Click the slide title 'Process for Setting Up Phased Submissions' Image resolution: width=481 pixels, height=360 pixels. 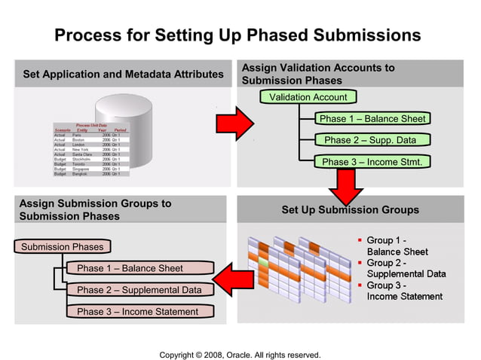coord(237,35)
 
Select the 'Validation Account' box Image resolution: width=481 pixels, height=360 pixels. coord(308,97)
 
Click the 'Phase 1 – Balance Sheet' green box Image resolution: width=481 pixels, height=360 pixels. coord(372,118)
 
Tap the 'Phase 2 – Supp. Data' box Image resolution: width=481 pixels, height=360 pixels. coord(370,140)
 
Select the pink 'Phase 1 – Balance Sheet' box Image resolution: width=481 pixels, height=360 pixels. coord(129,268)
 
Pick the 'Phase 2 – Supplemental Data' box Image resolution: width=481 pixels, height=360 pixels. coord(139,290)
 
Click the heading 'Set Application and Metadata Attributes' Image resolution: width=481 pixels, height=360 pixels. coord(123,75)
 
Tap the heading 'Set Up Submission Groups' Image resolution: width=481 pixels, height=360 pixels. coord(350,209)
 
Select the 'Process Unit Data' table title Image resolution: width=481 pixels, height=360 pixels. coord(91,125)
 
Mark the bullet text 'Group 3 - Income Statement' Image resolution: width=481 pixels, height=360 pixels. coord(404,291)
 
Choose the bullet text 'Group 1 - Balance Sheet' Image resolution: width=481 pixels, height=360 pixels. coord(397,246)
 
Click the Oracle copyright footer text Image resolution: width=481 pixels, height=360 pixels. coord(240,355)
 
